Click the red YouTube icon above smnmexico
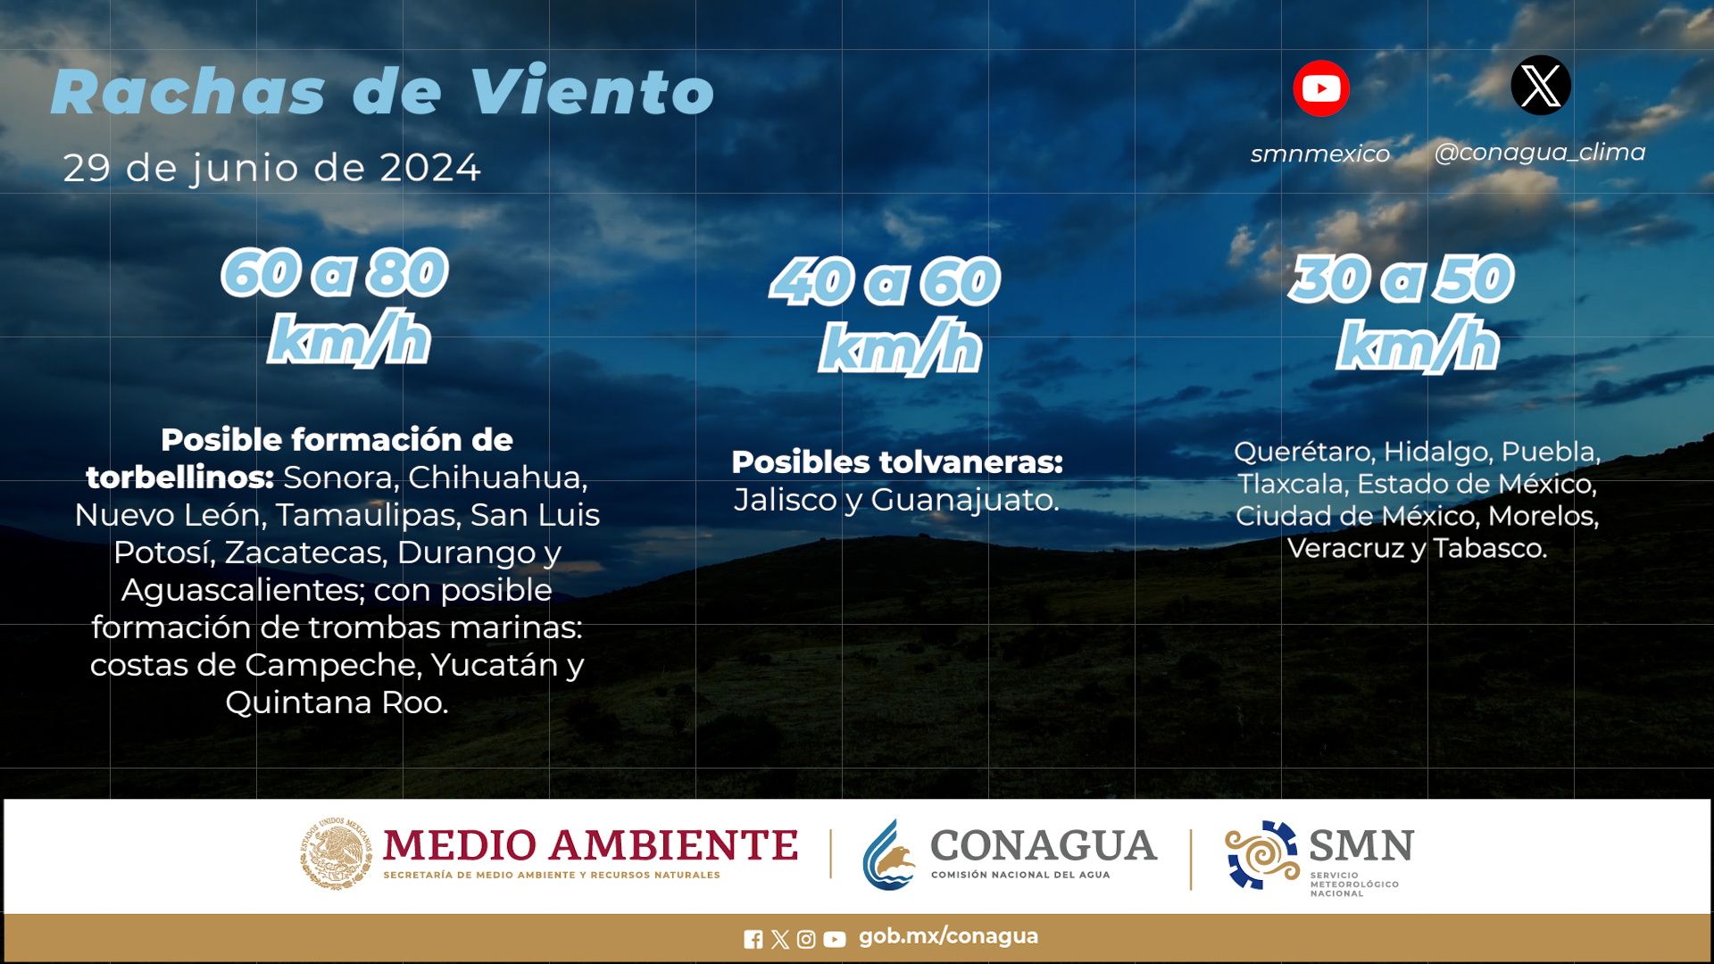[x=1321, y=88]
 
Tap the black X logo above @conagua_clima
[x=1541, y=86]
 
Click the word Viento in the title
[x=592, y=91]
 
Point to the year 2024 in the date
[x=430, y=168]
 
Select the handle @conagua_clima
[x=1540, y=153]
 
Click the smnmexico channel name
[x=1320, y=154]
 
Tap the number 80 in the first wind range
[x=407, y=272]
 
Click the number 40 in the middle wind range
[x=812, y=281]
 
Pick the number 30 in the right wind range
[x=1330, y=278]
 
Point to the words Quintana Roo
[x=337, y=703]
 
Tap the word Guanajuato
[x=964, y=501]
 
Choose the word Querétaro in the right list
[x=1304, y=453]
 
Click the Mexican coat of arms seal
[x=337, y=853]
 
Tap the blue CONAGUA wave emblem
[x=889, y=855]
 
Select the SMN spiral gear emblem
[x=1262, y=855]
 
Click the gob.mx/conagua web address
[x=948, y=936]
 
